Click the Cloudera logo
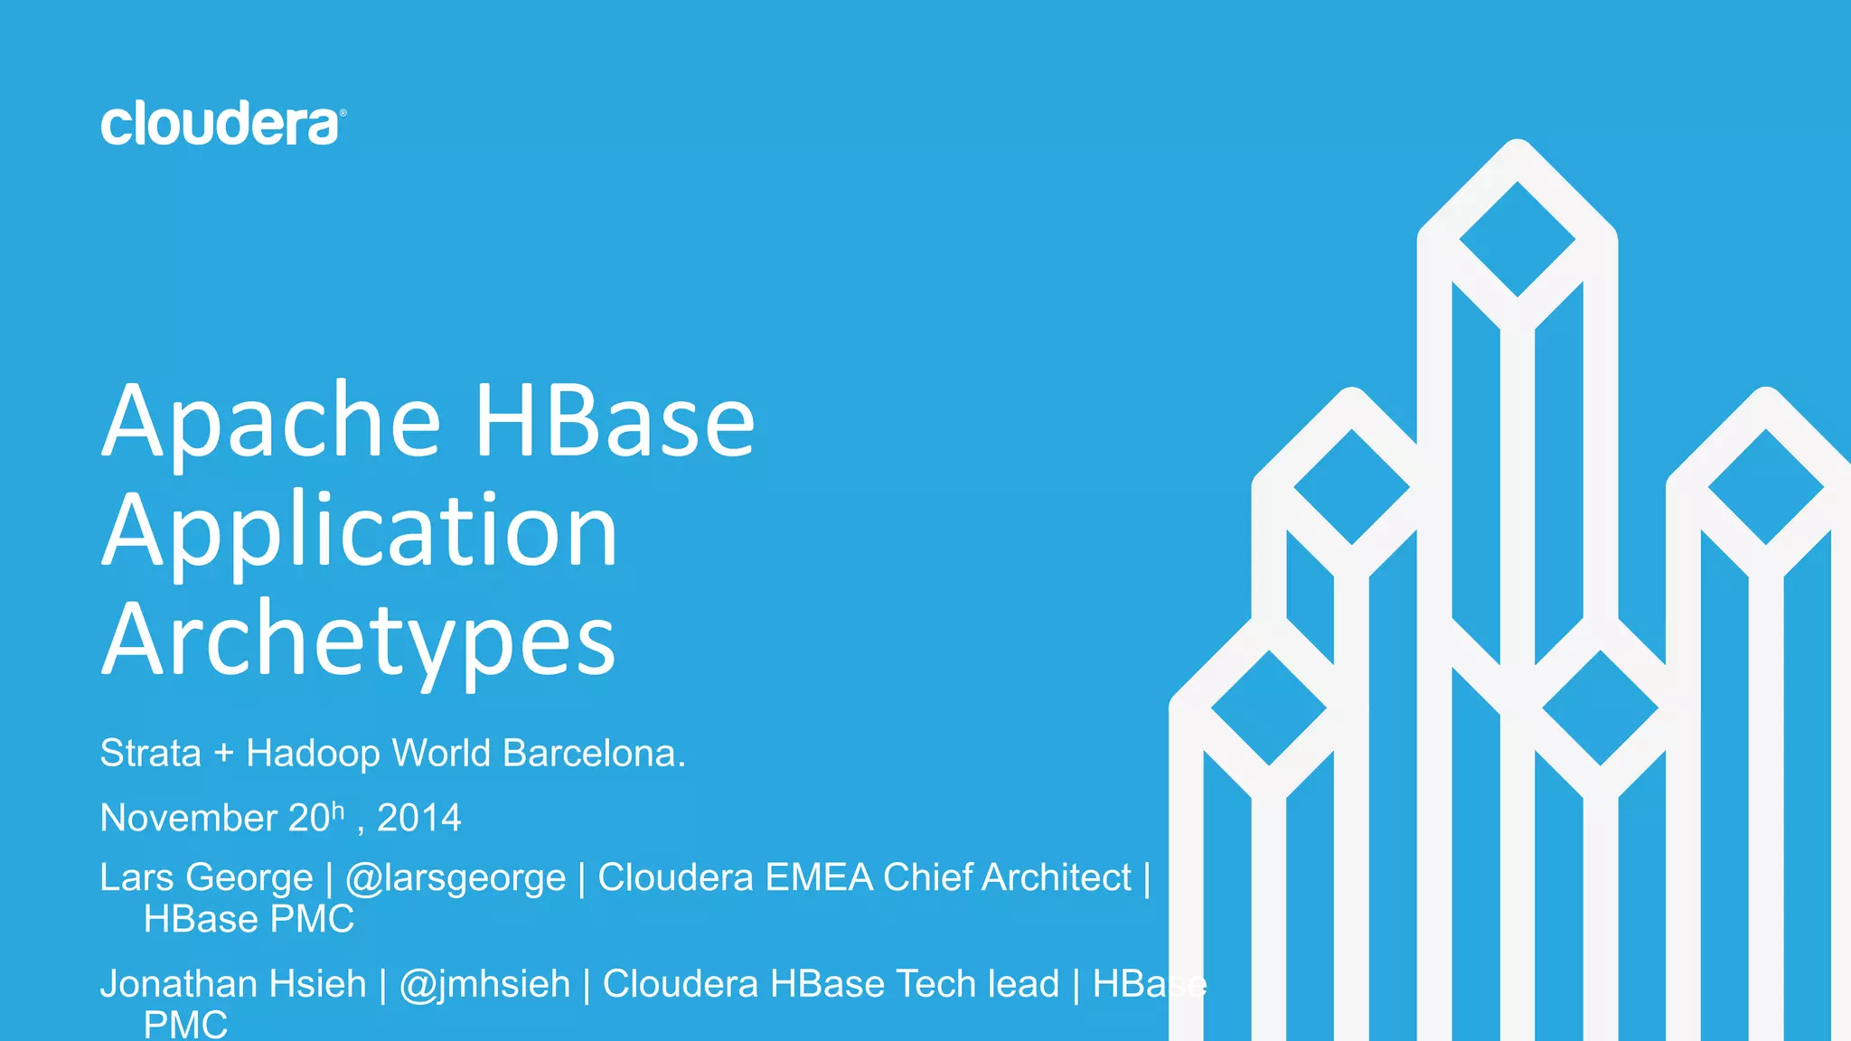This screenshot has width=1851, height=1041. click(x=222, y=124)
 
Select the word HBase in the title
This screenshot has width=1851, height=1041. click(x=615, y=420)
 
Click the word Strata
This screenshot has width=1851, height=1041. click(x=150, y=753)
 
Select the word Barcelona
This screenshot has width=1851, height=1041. click(x=594, y=753)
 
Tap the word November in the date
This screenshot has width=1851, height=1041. click(x=188, y=818)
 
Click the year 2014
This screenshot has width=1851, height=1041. click(x=418, y=818)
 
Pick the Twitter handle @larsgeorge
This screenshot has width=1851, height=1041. click(x=456, y=877)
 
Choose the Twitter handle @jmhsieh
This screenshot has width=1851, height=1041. click(x=485, y=984)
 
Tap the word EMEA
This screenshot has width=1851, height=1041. click(x=819, y=877)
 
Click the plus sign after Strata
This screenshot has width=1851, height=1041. click(x=223, y=754)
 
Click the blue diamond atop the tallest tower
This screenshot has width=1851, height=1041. click(x=1517, y=239)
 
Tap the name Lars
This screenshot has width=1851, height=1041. click(x=136, y=877)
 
